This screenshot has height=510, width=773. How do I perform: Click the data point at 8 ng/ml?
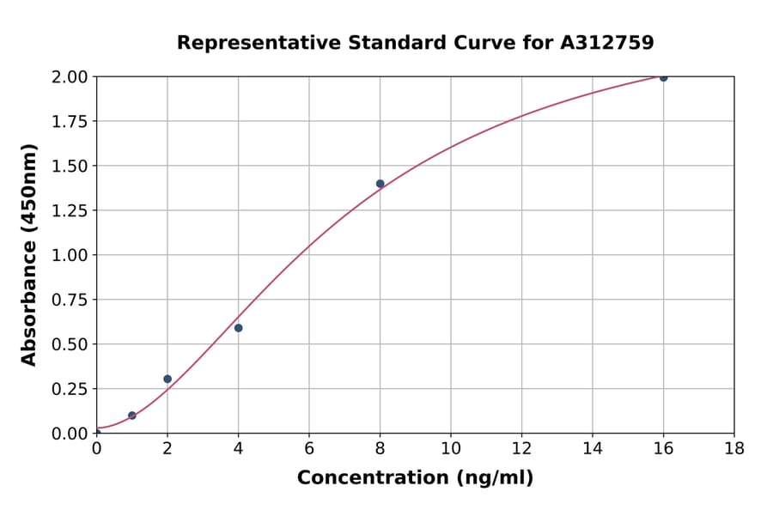click(x=380, y=184)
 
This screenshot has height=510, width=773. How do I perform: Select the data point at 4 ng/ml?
click(x=238, y=328)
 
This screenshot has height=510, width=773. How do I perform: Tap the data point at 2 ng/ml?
click(x=167, y=379)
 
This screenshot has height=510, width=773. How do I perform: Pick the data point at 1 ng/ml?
click(x=132, y=416)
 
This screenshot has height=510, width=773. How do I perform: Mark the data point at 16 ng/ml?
click(x=663, y=77)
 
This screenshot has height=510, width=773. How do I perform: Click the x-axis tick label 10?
click(x=451, y=448)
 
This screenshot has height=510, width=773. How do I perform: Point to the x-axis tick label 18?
click(x=734, y=448)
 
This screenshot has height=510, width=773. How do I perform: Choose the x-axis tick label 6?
click(x=309, y=448)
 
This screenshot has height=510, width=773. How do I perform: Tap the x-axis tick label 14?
click(x=593, y=448)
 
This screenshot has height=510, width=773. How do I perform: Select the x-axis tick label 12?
click(x=521, y=448)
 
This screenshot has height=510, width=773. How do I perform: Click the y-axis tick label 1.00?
click(x=70, y=255)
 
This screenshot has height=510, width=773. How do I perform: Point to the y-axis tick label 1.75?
click(x=70, y=121)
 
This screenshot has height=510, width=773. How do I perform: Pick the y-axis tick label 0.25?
click(x=70, y=389)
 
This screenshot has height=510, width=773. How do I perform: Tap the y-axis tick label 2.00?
click(x=70, y=76)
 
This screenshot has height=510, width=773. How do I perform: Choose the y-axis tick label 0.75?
click(x=70, y=300)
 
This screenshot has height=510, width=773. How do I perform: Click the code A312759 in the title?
click(x=607, y=43)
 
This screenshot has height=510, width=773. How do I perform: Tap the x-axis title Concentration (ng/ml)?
click(x=415, y=478)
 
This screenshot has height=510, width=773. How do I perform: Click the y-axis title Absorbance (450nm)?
click(x=29, y=255)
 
